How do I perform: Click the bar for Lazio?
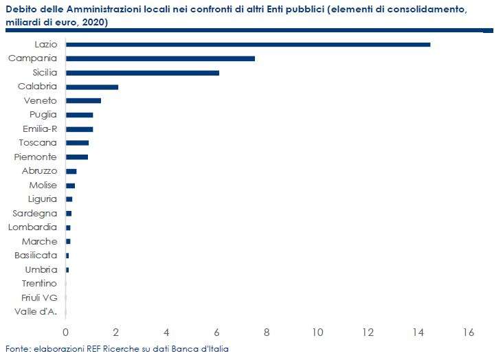coord(248,45)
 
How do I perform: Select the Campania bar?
coord(160,58)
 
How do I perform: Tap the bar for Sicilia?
coord(142,73)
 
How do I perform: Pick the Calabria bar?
coord(92,87)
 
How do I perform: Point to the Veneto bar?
coord(83,101)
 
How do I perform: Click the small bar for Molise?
coord(70,185)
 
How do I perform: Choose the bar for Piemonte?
coord(77,157)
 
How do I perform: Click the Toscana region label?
coord(38,142)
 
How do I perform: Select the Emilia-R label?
coord(40,128)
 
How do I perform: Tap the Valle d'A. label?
coord(36,311)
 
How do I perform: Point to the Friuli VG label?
coord(39,297)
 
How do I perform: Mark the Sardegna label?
coord(34,214)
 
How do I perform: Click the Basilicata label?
coord(36,256)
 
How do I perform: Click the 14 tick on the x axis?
coord(418,333)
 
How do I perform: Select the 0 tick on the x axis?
coord(65,333)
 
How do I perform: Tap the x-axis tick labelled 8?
coord(267,333)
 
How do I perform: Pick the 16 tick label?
coord(469,333)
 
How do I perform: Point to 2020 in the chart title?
coord(93,23)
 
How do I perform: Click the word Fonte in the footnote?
coord(18,349)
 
